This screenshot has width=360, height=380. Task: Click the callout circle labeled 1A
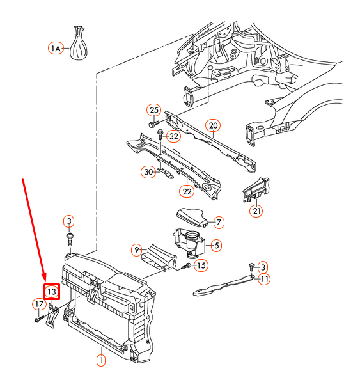click(x=56, y=48)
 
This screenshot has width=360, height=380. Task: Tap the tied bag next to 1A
click(x=78, y=43)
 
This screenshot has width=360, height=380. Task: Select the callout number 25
click(x=154, y=110)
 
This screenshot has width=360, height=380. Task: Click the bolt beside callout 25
click(x=154, y=124)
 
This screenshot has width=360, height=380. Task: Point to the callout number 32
click(x=173, y=136)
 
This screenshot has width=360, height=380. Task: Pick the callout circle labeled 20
click(x=213, y=125)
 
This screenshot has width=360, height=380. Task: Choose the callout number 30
click(x=148, y=172)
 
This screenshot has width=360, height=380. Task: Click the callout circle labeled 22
click(x=187, y=191)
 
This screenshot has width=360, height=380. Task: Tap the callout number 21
click(x=256, y=210)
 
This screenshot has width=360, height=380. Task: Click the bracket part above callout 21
click(x=256, y=189)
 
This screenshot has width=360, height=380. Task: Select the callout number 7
click(x=219, y=222)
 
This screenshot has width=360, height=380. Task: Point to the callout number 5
click(x=216, y=245)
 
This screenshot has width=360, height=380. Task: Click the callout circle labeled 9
click(x=137, y=249)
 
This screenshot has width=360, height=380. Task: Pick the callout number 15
click(x=201, y=265)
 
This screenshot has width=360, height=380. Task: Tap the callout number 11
click(x=264, y=279)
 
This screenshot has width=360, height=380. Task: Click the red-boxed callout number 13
click(x=52, y=292)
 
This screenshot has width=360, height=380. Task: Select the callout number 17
click(x=39, y=304)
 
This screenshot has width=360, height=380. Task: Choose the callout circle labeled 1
click(x=101, y=360)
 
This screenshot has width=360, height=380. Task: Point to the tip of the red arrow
click(x=45, y=281)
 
